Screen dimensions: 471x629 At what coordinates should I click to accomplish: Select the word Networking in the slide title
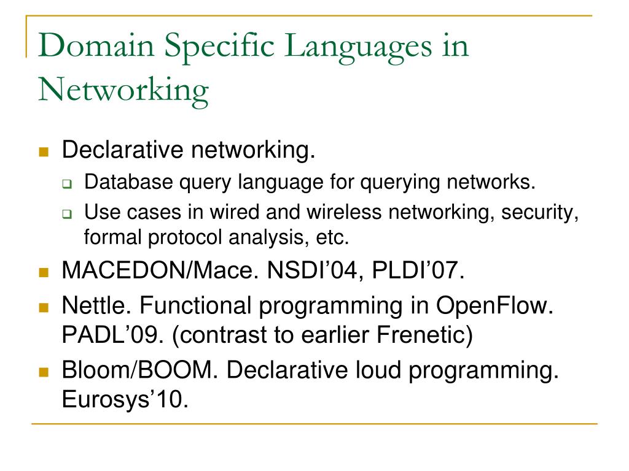tap(123, 90)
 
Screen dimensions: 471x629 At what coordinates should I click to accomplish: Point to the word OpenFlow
tap(495, 305)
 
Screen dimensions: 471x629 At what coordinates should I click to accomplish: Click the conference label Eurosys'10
tap(123, 401)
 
